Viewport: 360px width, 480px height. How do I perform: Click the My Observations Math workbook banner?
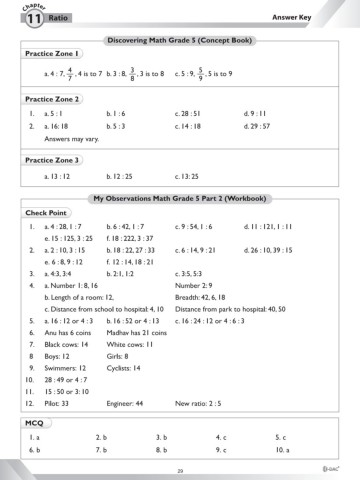(181, 200)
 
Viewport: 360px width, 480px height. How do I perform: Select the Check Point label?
(46, 213)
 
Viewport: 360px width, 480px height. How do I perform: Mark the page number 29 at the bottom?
(180, 470)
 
